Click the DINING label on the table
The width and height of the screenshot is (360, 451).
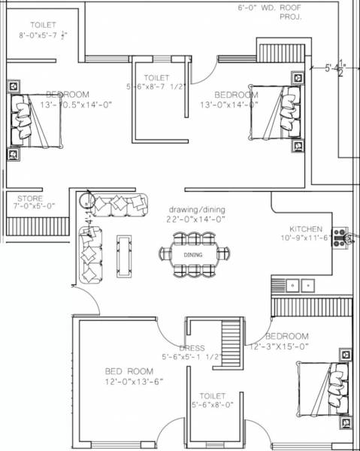[193, 256]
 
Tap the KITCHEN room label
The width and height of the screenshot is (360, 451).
[306, 229]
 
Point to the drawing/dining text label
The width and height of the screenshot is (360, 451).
[196, 210]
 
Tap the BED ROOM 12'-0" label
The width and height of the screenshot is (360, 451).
[129, 372]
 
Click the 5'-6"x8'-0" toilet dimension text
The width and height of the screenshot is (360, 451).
[212, 405]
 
